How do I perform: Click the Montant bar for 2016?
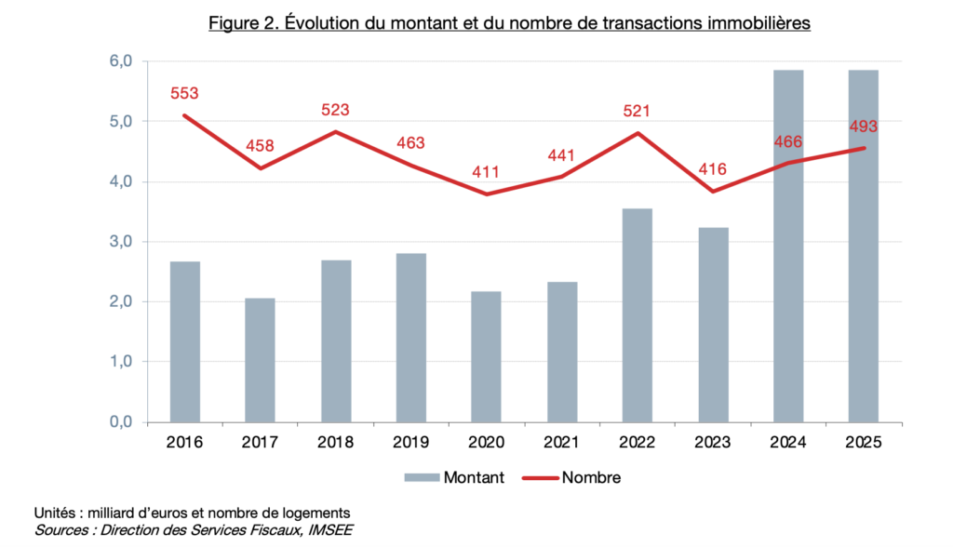(184, 341)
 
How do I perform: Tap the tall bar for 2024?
(787, 246)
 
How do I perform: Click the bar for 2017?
(260, 359)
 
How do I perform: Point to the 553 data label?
(184, 94)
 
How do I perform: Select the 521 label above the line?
(637, 112)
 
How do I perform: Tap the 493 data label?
(863, 127)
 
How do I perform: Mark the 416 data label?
(712, 170)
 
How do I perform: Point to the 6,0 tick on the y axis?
(122, 61)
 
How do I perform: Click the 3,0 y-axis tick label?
(122, 242)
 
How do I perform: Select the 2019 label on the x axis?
(410, 443)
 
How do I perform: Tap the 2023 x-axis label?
(712, 443)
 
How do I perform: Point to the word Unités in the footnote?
(56, 514)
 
